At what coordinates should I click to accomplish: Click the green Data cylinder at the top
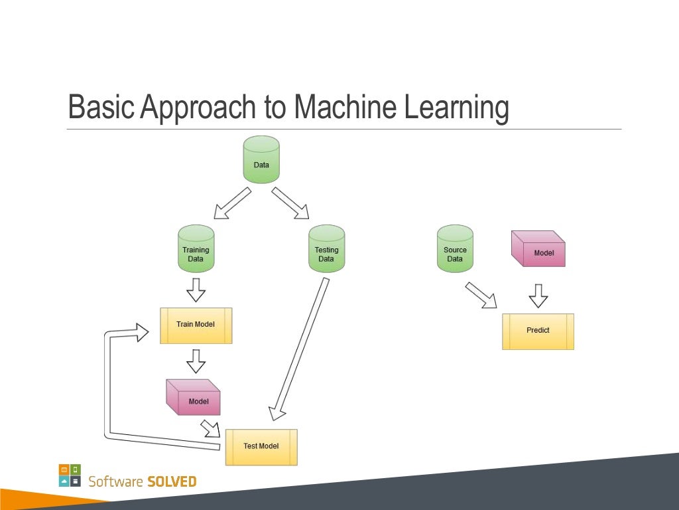click(261, 160)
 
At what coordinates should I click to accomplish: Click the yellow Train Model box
click(196, 325)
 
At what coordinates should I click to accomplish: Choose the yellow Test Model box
click(261, 447)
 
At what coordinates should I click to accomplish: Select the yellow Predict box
click(538, 331)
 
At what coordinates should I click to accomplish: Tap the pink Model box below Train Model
click(193, 398)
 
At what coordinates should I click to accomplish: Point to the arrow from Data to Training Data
click(232, 203)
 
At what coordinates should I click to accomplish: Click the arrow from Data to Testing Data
click(290, 203)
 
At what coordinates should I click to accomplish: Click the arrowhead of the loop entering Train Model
click(141, 331)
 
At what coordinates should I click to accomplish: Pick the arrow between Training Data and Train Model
click(196, 290)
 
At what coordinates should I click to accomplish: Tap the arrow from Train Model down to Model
click(196, 361)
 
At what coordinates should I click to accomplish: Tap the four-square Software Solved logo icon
click(70, 475)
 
